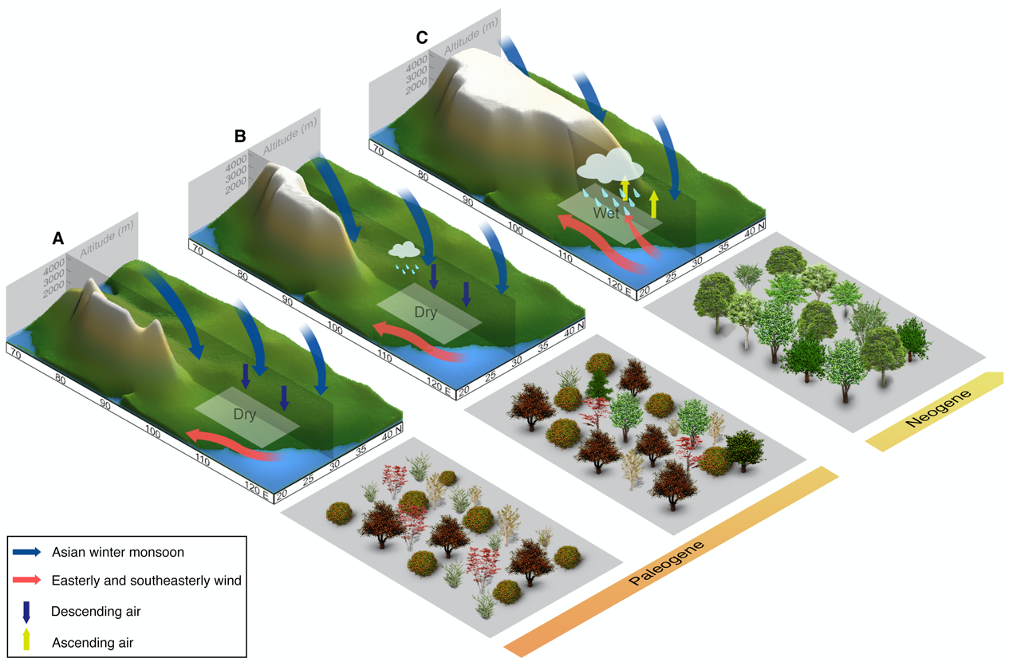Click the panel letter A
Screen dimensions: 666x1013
coord(57,238)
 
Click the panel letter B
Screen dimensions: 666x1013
coord(240,136)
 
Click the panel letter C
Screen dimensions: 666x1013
coord(422,37)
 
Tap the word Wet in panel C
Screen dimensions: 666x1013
coord(606,213)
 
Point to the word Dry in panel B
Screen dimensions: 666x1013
coord(425,313)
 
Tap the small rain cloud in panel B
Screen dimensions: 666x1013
coord(405,251)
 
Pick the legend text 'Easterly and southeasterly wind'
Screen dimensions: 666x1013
coord(146,581)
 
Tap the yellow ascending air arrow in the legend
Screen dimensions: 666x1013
coord(26,638)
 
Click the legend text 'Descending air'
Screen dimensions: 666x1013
coord(101,612)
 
